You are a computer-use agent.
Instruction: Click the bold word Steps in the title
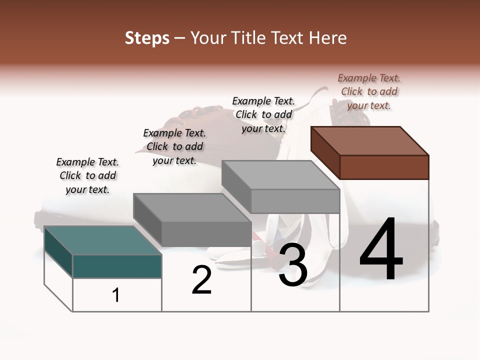coord(147,38)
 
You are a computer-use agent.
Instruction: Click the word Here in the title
coord(327,38)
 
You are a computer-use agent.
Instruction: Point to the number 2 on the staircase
coord(202,280)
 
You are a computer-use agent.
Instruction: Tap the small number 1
coord(116,295)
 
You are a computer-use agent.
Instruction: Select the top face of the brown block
coord(370,140)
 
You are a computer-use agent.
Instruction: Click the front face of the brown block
coord(384,167)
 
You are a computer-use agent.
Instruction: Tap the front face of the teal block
coord(117,266)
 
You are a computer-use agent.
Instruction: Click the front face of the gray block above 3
coord(295,201)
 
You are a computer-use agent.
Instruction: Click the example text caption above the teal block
coord(87,175)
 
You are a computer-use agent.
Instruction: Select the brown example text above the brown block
coord(369,91)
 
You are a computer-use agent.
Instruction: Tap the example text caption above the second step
coord(174,146)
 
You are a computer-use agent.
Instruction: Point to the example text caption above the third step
coord(263,114)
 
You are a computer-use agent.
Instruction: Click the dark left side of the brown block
coord(325,152)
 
